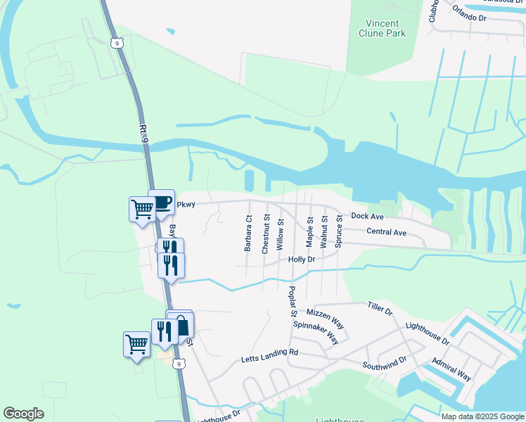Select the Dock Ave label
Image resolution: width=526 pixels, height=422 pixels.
[x=367, y=216]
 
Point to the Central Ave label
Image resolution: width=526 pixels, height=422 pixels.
[x=386, y=232]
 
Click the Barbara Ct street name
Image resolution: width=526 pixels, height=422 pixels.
[x=248, y=234]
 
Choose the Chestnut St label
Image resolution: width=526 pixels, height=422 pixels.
[x=266, y=235]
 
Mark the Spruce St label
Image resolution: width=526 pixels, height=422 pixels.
[x=338, y=232]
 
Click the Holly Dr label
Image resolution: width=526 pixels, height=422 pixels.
[x=301, y=260]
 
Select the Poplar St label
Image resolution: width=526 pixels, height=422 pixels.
[x=292, y=301]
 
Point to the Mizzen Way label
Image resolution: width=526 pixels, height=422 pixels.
[x=325, y=317]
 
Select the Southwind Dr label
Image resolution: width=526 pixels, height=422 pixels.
[x=385, y=363]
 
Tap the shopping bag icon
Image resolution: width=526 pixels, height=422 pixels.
[x=181, y=325]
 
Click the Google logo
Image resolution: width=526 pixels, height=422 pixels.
[x=23, y=414]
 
